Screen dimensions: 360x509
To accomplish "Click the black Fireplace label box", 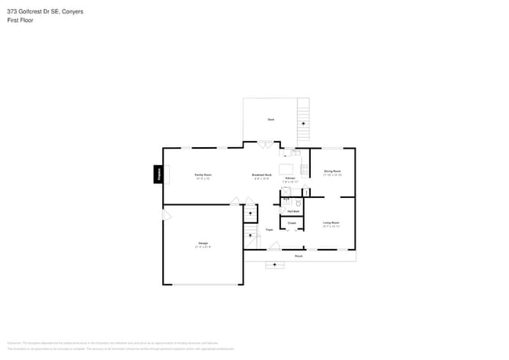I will tap(158, 175).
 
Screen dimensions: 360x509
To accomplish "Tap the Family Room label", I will tap(203, 175).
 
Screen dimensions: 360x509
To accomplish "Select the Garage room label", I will tap(203, 245).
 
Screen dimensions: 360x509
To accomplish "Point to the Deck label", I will tap(270, 119).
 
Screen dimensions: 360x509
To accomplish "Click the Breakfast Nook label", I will tap(262, 175).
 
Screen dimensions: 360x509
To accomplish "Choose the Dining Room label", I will tap(332, 171).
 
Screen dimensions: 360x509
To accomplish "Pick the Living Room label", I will tap(330, 224).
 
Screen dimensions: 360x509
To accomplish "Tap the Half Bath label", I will tap(294, 211).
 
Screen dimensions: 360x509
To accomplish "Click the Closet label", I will tap(291, 223).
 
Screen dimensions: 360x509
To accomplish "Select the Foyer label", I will tap(269, 229).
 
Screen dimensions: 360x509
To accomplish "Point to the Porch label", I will tap(298, 256).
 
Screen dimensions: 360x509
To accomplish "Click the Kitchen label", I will tap(290, 179).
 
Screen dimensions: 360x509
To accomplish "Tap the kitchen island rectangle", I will tap(287, 168).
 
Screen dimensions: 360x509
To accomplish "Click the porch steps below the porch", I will tap(274, 265).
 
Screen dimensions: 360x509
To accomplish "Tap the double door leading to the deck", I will tap(265, 144).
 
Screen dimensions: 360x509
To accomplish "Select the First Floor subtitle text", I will tap(21, 20).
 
